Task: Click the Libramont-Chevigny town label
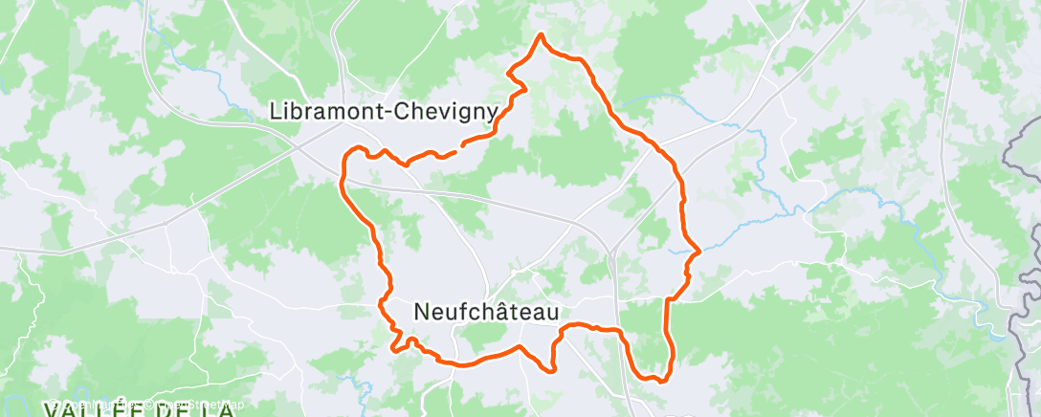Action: tap(384, 112)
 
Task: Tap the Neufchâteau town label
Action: tap(487, 312)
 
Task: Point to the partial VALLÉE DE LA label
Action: tap(139, 409)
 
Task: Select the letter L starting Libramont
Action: tap(277, 112)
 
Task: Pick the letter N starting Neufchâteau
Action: tap(423, 312)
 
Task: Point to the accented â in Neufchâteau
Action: tap(506, 311)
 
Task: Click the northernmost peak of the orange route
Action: tap(542, 35)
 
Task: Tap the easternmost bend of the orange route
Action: tap(699, 252)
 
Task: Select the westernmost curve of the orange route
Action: tap(341, 172)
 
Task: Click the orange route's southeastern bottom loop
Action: tap(654, 377)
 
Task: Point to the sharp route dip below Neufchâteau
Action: tap(552, 367)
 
